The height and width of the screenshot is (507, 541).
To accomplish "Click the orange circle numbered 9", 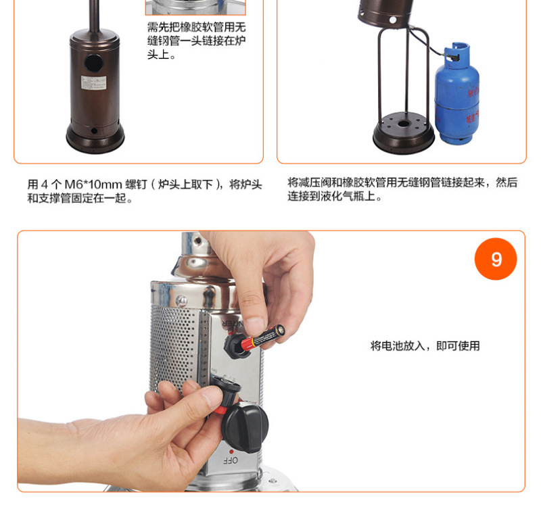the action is point(496,259).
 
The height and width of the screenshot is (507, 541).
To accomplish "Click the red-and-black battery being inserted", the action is point(263,337).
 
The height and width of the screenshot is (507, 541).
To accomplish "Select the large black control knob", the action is point(245,427).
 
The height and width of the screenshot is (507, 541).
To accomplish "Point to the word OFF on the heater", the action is point(231,460).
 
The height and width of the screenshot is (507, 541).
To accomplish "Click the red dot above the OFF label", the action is point(231,451).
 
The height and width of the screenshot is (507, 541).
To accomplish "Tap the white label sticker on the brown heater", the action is point(93,82).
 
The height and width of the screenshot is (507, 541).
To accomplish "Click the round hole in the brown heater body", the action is point(93,63).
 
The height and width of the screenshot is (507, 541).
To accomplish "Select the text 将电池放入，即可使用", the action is point(425,345).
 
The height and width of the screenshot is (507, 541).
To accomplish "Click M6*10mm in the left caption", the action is point(93,184).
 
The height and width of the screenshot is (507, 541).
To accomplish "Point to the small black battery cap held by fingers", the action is point(226,389).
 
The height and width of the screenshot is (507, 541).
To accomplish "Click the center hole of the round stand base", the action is point(403,124).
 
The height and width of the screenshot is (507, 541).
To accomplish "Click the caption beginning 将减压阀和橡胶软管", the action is point(402,189).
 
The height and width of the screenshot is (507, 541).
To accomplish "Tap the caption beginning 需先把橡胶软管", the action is point(196,41).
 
